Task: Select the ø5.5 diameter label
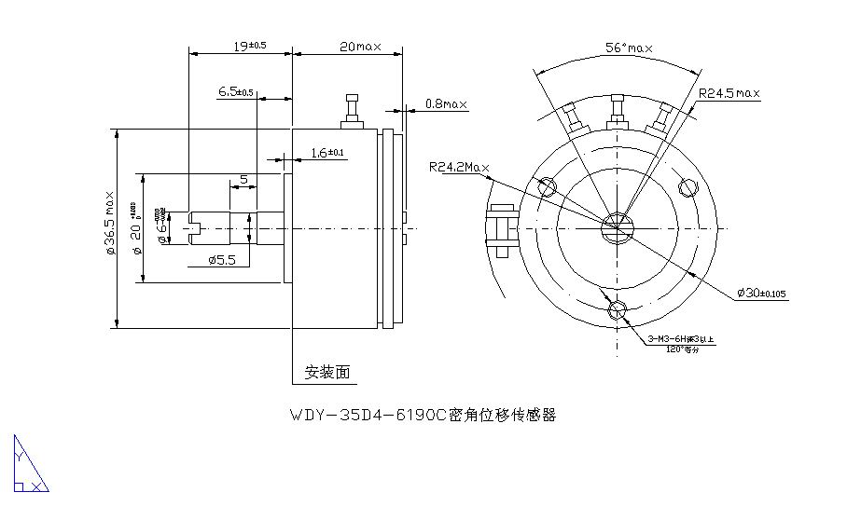222,260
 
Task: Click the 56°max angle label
629,48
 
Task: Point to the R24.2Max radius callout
459,168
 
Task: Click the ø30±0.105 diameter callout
761,294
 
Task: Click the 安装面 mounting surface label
327,373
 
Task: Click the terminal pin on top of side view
352,112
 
